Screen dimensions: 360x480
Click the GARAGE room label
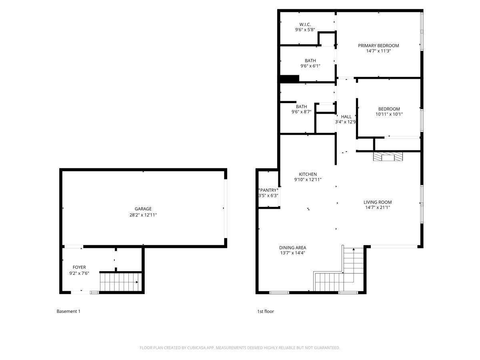143,209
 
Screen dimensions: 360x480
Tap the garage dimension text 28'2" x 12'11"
143,215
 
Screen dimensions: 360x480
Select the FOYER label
79,267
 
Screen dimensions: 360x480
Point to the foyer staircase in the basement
119,282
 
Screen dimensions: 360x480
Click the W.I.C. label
305,24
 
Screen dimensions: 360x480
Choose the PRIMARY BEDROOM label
378,46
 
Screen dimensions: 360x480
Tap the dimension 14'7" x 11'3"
378,51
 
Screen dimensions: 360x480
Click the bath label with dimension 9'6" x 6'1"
310,61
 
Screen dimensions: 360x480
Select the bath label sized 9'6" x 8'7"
301,106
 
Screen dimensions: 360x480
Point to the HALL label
346,117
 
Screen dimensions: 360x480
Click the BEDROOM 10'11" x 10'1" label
389,109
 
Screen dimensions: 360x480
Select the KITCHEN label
308,174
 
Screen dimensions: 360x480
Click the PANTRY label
268,190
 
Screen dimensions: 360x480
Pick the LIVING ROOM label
378,202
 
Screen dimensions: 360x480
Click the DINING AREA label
292,248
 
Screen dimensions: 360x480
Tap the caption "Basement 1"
68,311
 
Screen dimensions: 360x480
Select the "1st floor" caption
265,311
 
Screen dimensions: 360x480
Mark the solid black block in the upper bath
289,79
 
